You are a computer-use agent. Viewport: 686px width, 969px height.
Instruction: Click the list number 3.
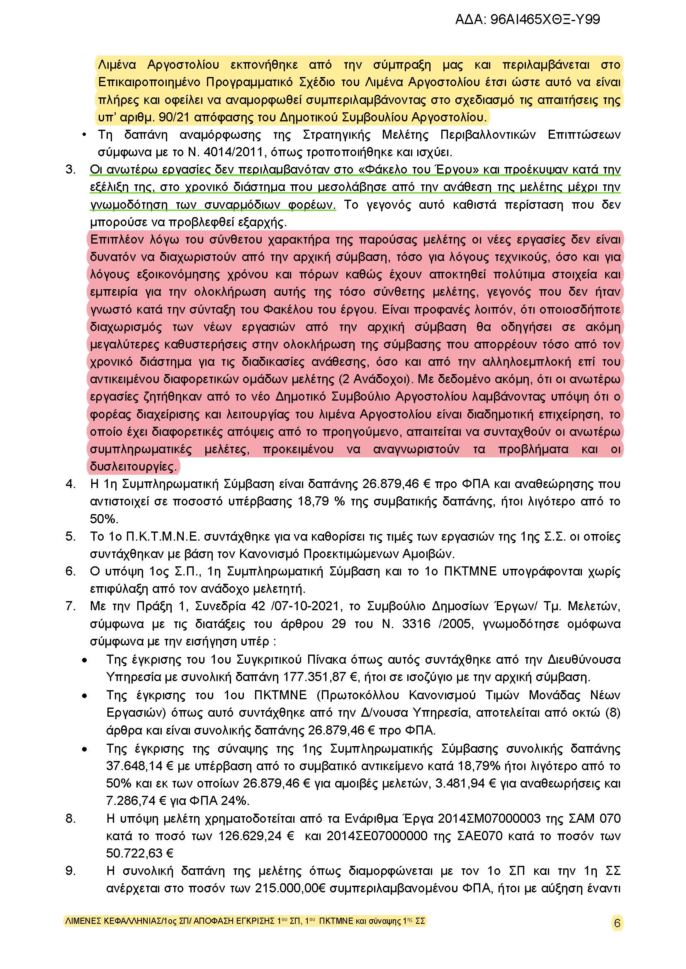coord(71,170)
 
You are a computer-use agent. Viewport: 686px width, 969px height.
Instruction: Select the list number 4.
coord(71,484)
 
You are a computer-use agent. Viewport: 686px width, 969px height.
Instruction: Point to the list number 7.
coord(71,607)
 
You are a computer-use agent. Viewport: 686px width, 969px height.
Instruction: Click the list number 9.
coord(71,871)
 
